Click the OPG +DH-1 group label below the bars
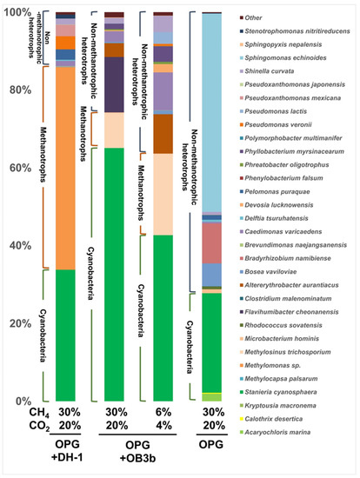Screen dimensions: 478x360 pyautogui.click(x=70, y=457)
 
